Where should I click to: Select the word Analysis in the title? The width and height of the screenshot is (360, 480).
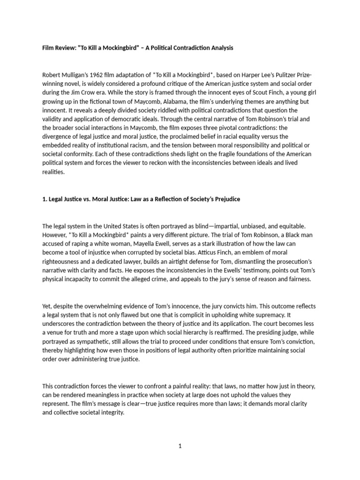219,48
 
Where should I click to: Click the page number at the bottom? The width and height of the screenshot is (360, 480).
180,446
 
